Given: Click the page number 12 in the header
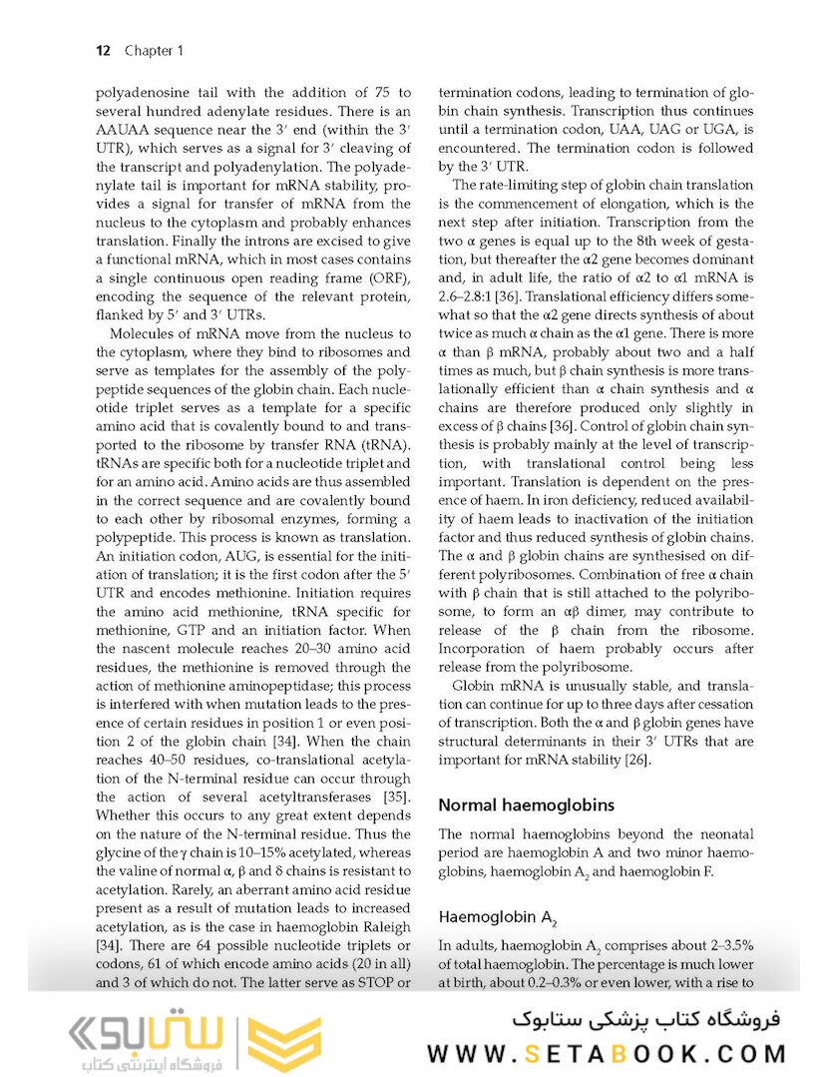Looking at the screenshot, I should pos(103,50).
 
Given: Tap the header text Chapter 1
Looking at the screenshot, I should pos(154,50).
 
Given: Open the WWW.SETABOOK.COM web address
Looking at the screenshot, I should pos(607,1053).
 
